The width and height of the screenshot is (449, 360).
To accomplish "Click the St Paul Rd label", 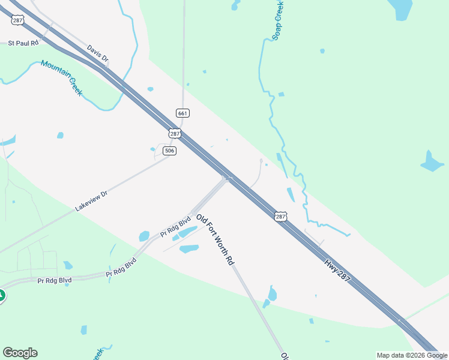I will pyautogui.click(x=23, y=43).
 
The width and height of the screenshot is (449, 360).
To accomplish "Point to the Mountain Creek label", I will pyautogui.click(x=62, y=78).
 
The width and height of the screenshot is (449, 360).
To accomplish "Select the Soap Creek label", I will pyautogui.click(x=278, y=19).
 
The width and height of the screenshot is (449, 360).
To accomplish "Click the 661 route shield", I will pyautogui.click(x=183, y=113).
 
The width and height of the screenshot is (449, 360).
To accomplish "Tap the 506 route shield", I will pyautogui.click(x=170, y=151).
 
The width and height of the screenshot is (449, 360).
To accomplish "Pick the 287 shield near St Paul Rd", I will pyautogui.click(x=17, y=20).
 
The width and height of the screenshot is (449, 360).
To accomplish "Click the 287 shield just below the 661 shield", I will pyautogui.click(x=174, y=133).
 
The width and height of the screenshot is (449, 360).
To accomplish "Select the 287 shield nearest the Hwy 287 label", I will pyautogui.click(x=280, y=217).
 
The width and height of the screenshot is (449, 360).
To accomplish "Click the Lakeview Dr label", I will pyautogui.click(x=91, y=200).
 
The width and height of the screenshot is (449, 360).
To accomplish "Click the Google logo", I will pyautogui.click(x=20, y=353).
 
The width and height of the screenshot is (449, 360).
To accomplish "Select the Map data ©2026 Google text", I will pyautogui.click(x=412, y=355).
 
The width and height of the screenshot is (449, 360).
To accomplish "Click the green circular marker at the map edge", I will pyautogui.click(x=1, y=296).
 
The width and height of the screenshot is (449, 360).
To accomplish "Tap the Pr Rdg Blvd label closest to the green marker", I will pyautogui.click(x=54, y=280).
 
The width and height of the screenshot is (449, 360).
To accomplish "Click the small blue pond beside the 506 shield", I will pyautogui.click(x=152, y=149).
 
